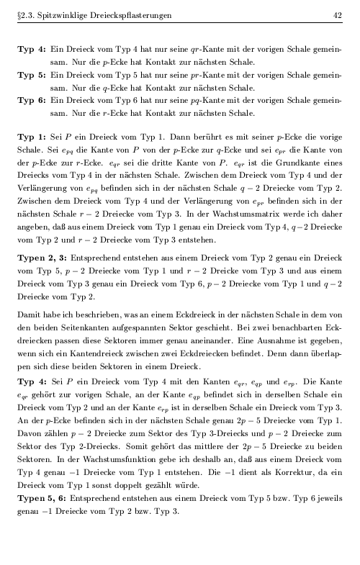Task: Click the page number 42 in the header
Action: (338, 15)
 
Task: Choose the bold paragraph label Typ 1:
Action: (32, 134)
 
